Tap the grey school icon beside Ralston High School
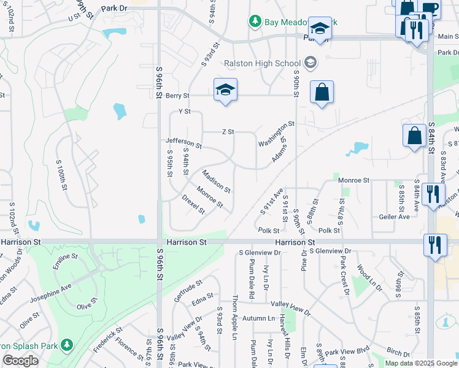(310, 62)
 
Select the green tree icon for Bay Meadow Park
(255, 21)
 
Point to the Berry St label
(177, 96)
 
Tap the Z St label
(228, 132)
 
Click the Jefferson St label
(183, 144)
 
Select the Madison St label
(216, 181)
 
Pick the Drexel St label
(193, 204)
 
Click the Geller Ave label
(394, 217)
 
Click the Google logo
(20, 361)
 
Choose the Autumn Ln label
(258, 318)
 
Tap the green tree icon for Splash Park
(66, 345)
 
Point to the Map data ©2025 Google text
(420, 363)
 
